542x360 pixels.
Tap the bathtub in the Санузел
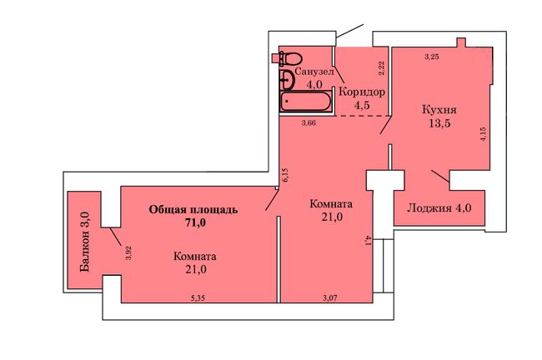(306, 101)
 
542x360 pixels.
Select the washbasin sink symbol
(287, 80)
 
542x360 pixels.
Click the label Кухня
(439, 110)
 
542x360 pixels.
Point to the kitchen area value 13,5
(439, 123)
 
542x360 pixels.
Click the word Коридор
(362, 92)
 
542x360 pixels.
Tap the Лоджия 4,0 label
(439, 208)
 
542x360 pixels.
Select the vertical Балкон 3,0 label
(85, 242)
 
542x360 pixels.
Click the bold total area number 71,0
(195, 222)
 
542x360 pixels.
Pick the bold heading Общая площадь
(193, 210)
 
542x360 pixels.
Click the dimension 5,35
(198, 298)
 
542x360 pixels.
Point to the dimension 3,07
(330, 297)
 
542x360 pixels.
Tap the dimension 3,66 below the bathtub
(309, 122)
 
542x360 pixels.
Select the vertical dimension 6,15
(285, 175)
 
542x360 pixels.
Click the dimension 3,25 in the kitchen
(432, 57)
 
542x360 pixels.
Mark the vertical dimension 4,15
(483, 133)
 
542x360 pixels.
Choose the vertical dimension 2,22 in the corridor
(381, 68)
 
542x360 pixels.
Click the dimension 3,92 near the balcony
(128, 252)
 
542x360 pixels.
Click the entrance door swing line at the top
(349, 31)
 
